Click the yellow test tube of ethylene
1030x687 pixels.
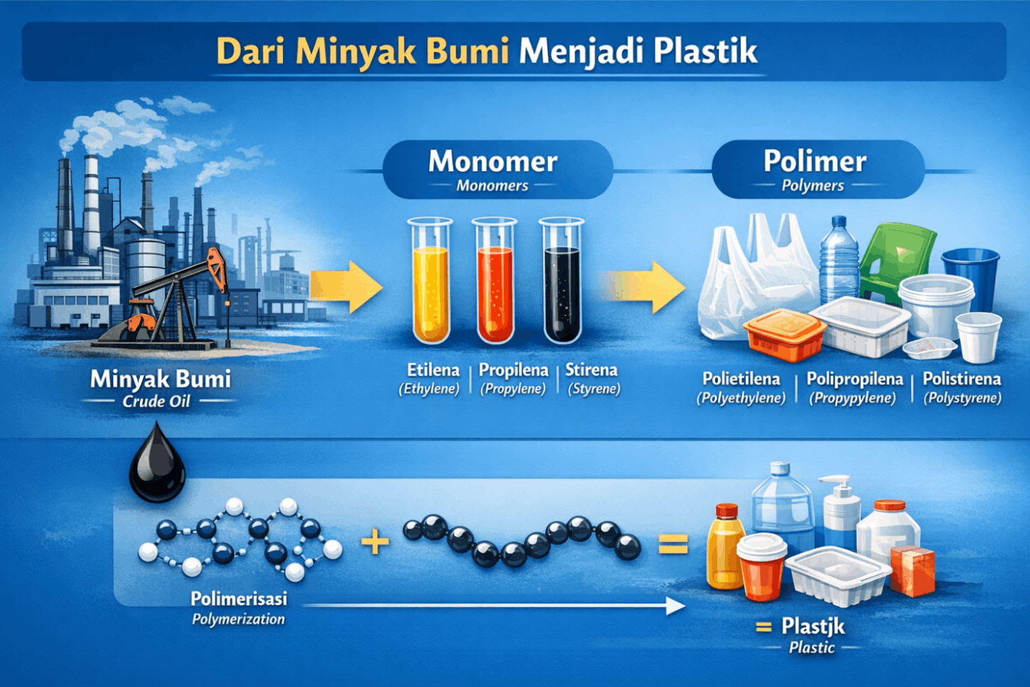pyautogui.click(x=430, y=281)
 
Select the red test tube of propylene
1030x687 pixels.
pyautogui.click(x=495, y=281)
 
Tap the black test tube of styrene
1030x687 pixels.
pyautogui.click(x=562, y=281)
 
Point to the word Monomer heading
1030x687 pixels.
pyautogui.click(x=493, y=161)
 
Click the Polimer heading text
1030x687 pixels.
pyautogui.click(x=815, y=161)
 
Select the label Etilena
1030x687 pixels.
pyautogui.click(x=433, y=370)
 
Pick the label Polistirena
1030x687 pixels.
pyautogui.click(x=962, y=379)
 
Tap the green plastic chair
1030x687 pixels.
pyautogui.click(x=896, y=262)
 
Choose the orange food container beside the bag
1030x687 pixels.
pyautogui.click(x=785, y=334)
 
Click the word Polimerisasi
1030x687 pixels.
pyautogui.click(x=239, y=599)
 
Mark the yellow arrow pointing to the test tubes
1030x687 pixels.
pyautogui.click(x=346, y=287)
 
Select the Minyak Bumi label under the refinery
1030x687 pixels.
pyautogui.click(x=161, y=379)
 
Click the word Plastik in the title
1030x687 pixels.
pyautogui.click(x=705, y=50)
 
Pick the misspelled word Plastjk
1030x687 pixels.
pyautogui.click(x=813, y=627)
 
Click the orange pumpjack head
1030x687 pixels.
pyautogui.click(x=217, y=269)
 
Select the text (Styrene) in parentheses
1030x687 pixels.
pyautogui.click(x=594, y=389)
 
